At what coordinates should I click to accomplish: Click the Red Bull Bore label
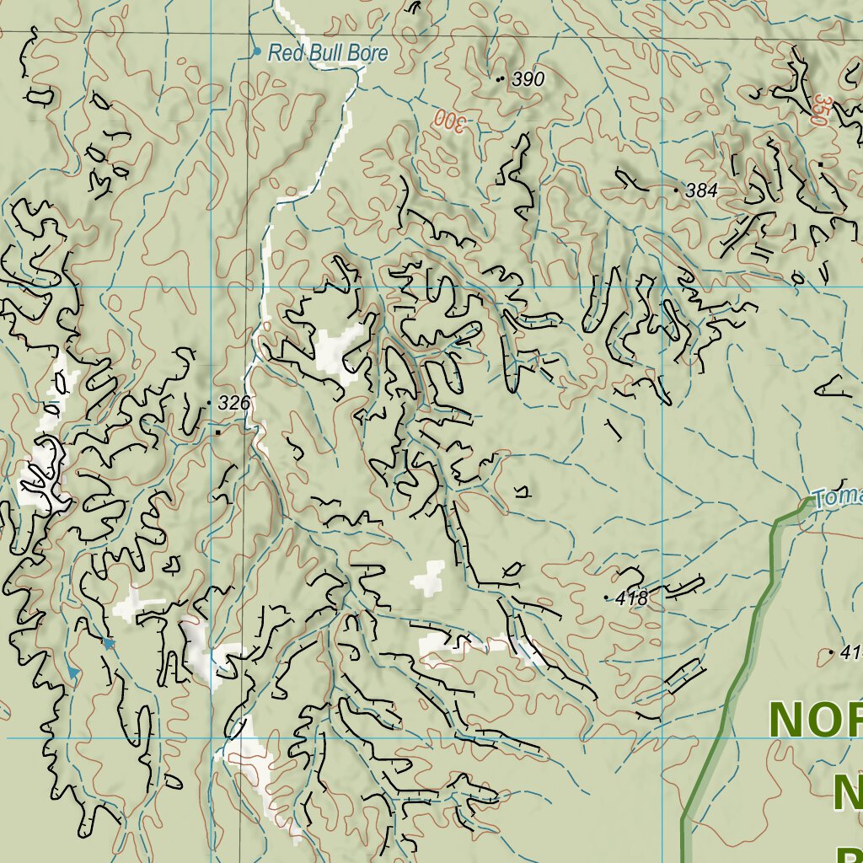point(327,54)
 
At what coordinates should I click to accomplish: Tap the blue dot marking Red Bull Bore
point(257,51)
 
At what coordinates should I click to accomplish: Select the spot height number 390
point(528,79)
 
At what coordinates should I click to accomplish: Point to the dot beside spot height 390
point(501,79)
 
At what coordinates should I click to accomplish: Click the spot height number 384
point(701,191)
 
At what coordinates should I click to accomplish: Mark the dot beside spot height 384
point(676,191)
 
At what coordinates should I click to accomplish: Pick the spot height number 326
point(233,404)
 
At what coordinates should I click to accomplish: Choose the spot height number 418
point(631,598)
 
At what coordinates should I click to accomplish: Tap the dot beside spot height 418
point(607,598)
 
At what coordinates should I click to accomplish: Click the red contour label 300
point(449,121)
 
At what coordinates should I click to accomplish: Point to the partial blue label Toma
point(838,497)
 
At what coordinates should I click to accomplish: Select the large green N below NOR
point(847,791)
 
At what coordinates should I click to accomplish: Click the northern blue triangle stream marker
point(109,643)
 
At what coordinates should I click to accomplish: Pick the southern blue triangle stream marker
point(74,673)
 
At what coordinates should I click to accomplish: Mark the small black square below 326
point(218,431)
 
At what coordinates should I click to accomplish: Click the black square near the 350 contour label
point(820,163)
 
